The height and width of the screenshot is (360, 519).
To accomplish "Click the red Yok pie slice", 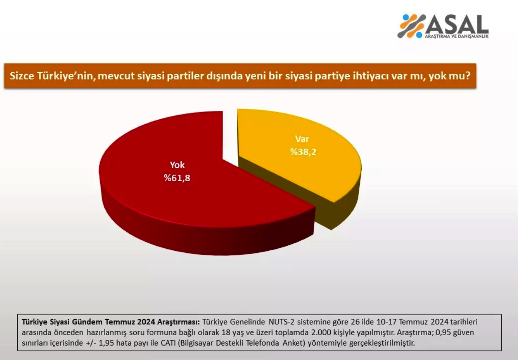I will coord(166,199).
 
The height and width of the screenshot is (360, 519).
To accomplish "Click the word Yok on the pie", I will coord(177,165).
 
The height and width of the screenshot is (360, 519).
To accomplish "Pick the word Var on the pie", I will coord(302,139).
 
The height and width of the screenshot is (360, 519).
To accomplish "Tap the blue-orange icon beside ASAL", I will coord(411,26).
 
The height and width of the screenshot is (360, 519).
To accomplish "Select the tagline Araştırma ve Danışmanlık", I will coord(457,37).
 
